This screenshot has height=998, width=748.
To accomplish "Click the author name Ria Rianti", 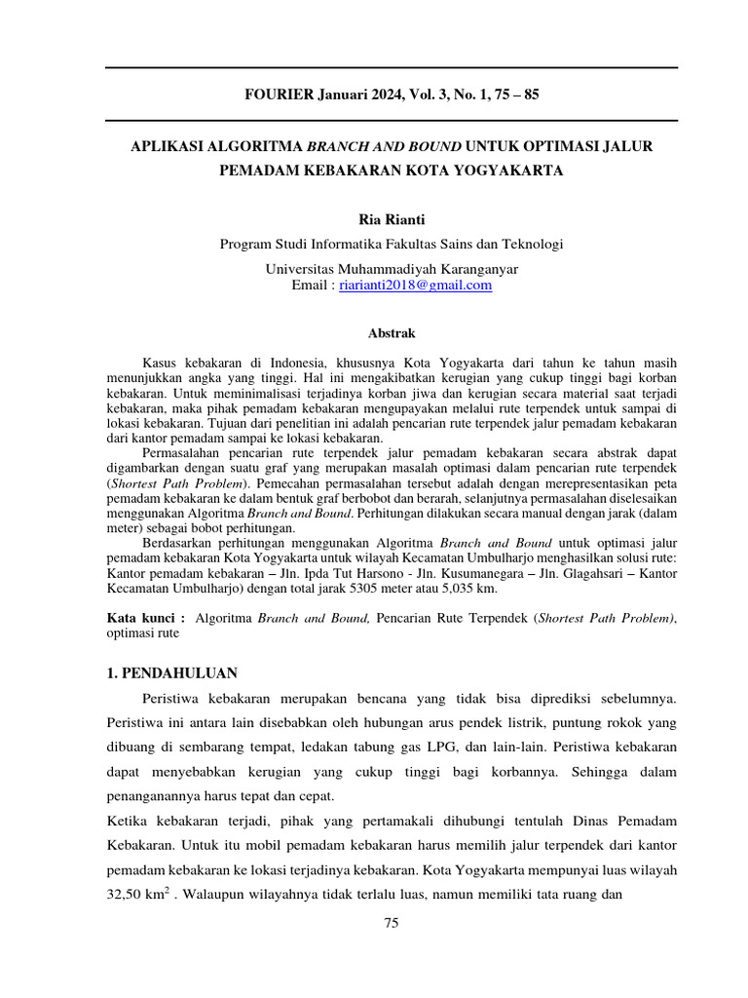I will coord(392,219).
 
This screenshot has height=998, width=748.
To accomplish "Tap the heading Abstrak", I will coord(392,333).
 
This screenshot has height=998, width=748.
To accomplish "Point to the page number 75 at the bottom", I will coord(392,924).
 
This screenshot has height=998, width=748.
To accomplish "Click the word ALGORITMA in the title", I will coord(255,146).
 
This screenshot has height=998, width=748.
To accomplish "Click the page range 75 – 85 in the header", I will coord(510,96).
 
